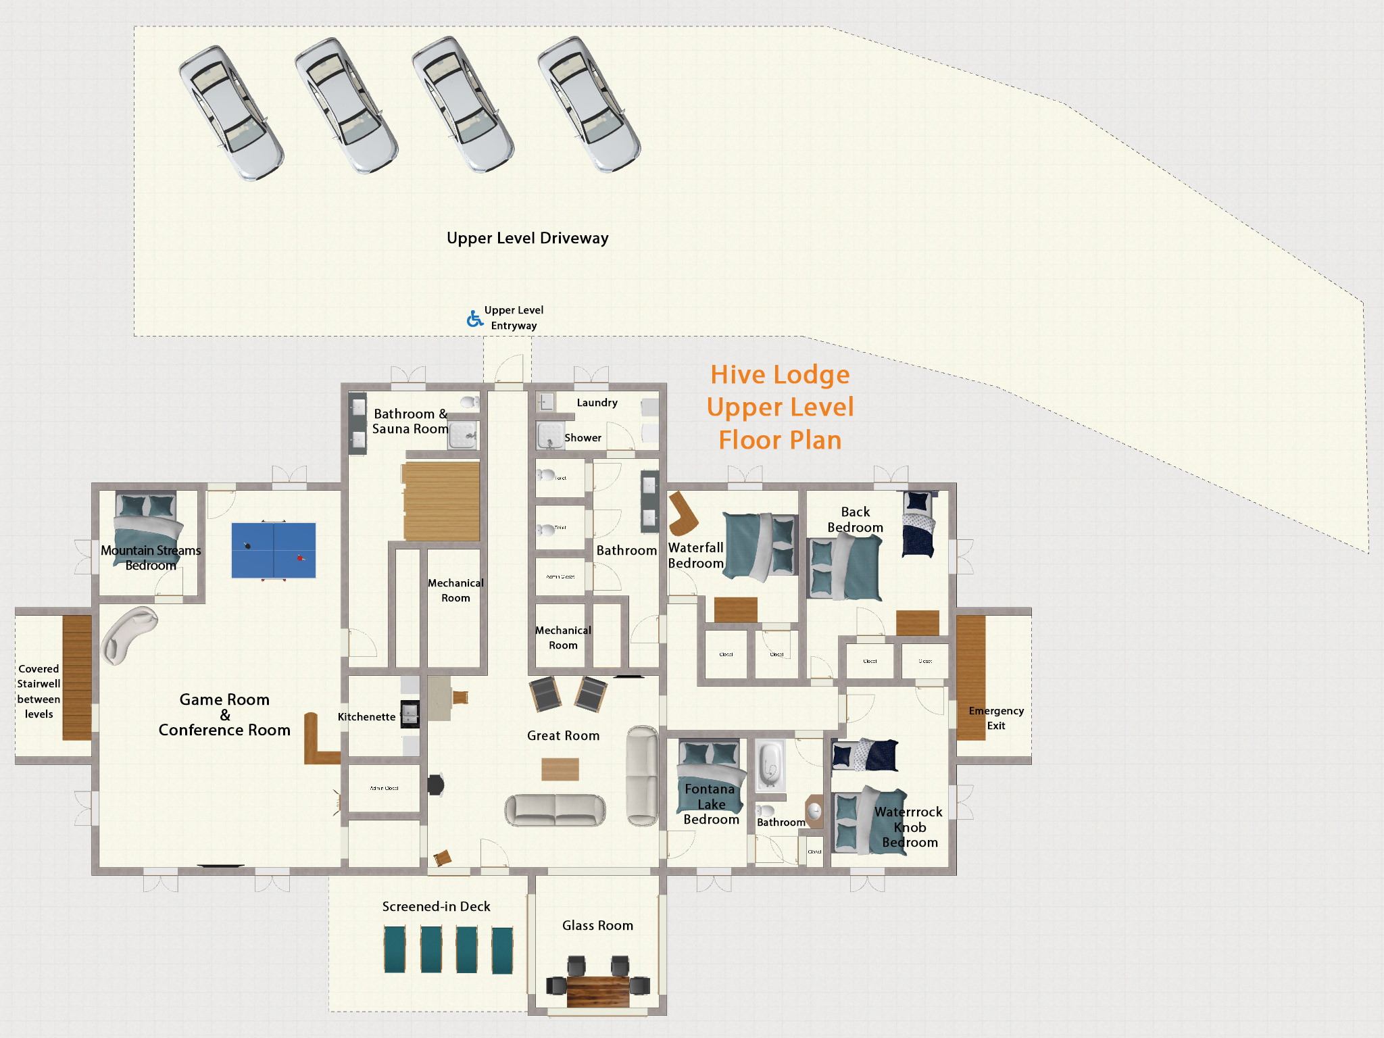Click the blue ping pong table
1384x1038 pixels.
coord(274,550)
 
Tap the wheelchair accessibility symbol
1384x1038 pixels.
coord(474,318)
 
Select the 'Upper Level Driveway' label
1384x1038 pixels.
coord(527,238)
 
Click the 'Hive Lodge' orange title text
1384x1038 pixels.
coord(780,374)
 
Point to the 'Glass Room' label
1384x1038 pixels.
coord(597,925)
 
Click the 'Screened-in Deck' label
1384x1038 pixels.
coord(436,906)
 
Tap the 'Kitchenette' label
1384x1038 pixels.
coord(366,716)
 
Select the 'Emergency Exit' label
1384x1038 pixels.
coord(995,718)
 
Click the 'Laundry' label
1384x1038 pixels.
coord(597,403)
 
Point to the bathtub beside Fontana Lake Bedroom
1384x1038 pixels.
coord(770,766)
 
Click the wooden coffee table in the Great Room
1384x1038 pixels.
coord(560,769)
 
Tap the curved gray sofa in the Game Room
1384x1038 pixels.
coord(127,634)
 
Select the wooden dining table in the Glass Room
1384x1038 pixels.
coord(598,991)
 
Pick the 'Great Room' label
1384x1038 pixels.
coord(563,735)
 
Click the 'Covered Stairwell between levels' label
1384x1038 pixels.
coord(39,691)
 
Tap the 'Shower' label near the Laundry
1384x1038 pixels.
coord(583,438)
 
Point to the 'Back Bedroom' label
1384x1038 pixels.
coord(855,519)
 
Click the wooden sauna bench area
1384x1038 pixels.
coord(441,501)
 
